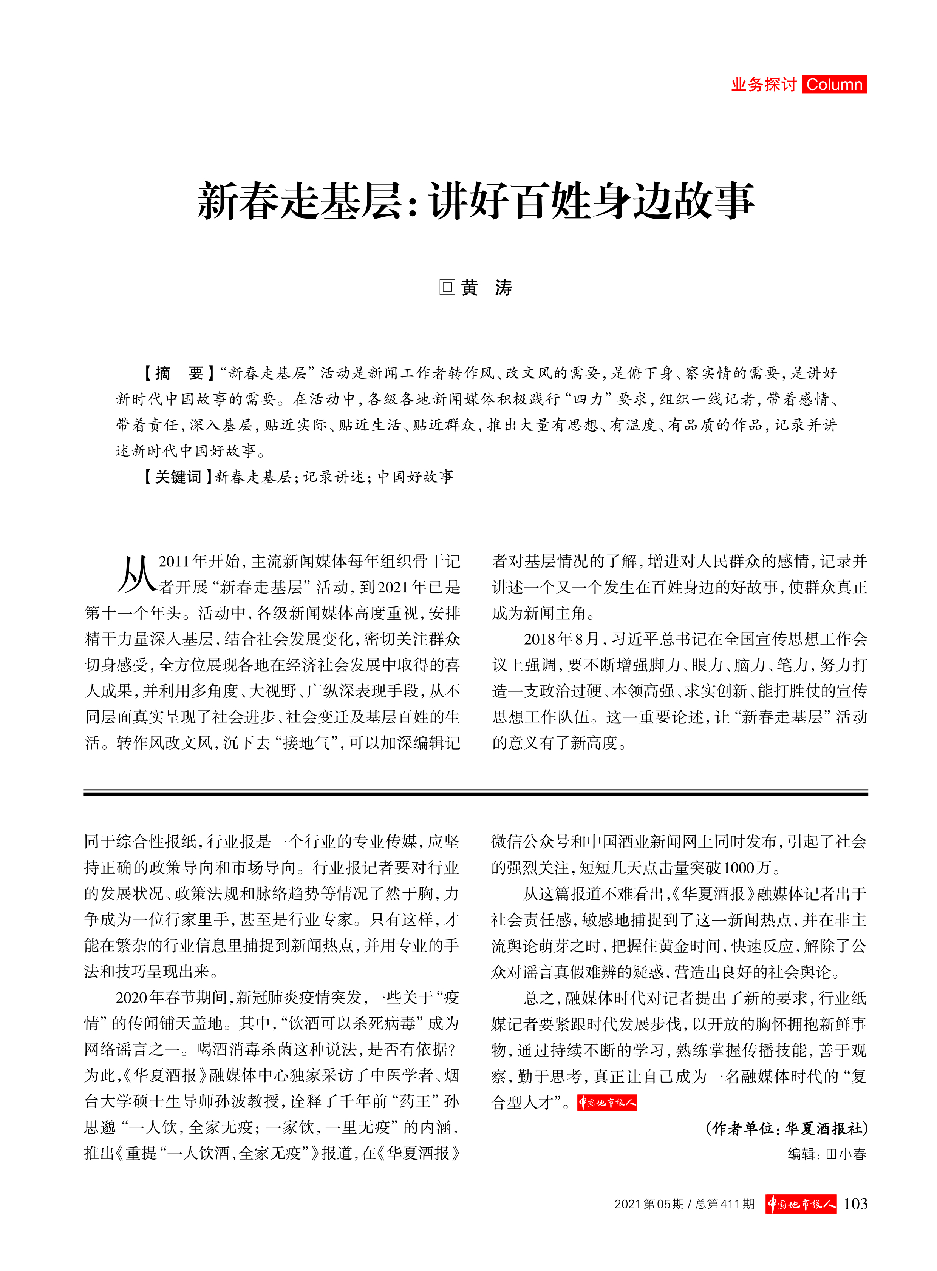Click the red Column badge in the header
(x=834, y=85)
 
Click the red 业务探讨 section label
(x=764, y=85)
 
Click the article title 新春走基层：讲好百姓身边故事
(x=475, y=201)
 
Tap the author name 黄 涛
(x=486, y=287)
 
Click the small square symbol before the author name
(x=447, y=287)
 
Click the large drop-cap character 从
(x=136, y=574)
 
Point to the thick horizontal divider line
(x=475, y=793)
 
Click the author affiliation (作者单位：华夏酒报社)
(x=787, y=1140)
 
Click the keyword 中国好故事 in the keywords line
(x=415, y=477)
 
